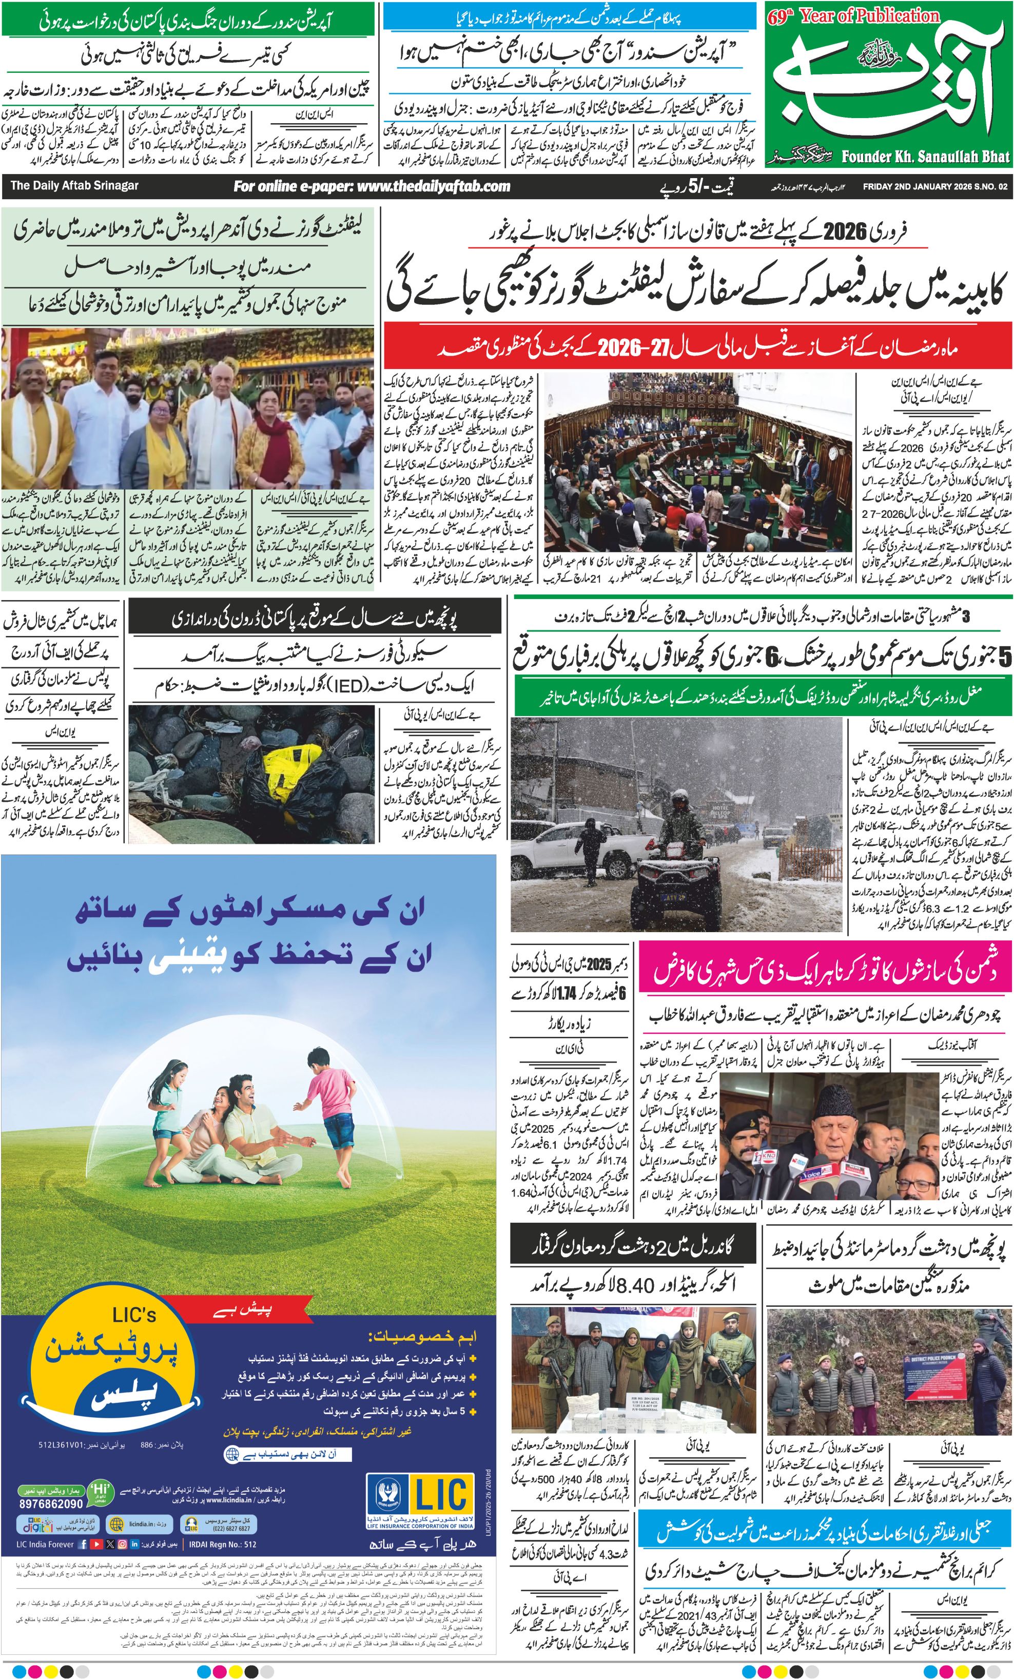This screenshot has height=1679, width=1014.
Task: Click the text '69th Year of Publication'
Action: [853, 16]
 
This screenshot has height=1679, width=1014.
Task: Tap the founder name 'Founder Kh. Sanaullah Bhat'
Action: [925, 157]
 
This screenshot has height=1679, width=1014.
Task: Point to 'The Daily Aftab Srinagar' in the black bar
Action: [74, 185]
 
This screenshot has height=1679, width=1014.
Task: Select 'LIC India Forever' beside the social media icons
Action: [45, 1544]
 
